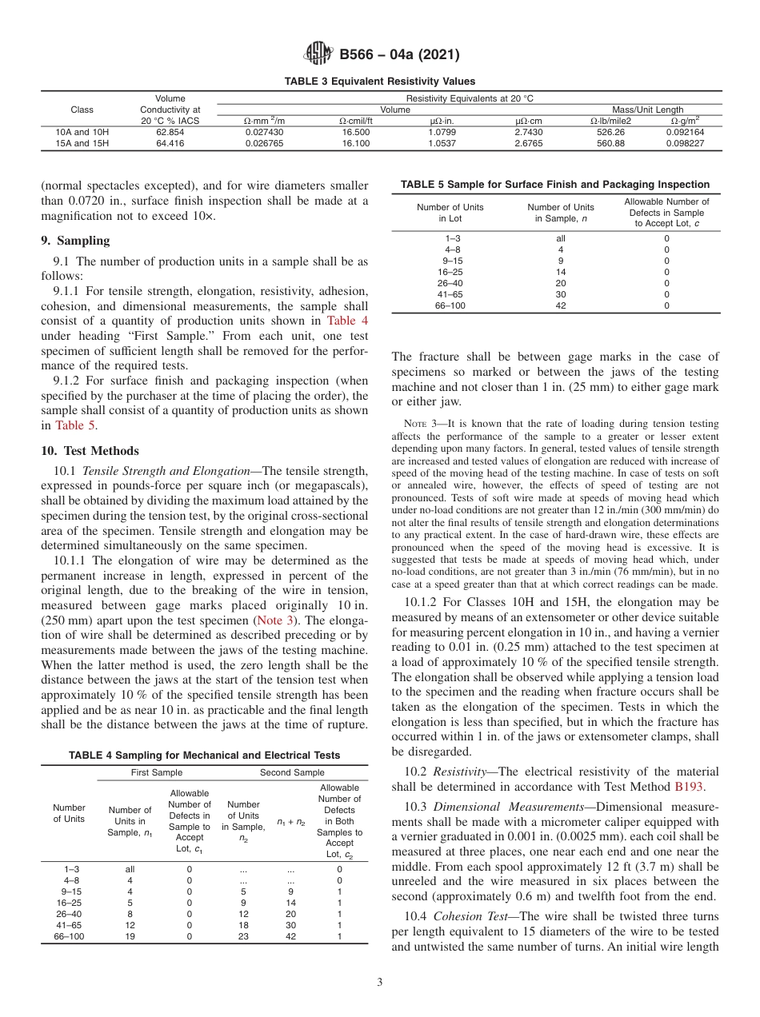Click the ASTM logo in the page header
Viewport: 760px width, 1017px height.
[x=319, y=55]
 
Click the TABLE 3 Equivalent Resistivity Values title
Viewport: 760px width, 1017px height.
[x=379, y=82]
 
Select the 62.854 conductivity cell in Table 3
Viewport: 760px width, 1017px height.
[x=170, y=132]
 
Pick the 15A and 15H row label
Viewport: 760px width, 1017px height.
[x=82, y=144]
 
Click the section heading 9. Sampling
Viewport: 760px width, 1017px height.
[x=75, y=241]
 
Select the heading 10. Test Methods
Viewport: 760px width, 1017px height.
[x=90, y=451]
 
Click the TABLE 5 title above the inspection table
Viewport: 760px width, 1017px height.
[x=554, y=185]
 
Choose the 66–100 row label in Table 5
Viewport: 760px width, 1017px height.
[x=450, y=305]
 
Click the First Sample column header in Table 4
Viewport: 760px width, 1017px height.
[x=157, y=772]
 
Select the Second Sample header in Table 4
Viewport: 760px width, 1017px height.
[x=292, y=772]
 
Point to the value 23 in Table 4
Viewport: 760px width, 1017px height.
[x=243, y=936]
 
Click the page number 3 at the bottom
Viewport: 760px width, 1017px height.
[x=380, y=983]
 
